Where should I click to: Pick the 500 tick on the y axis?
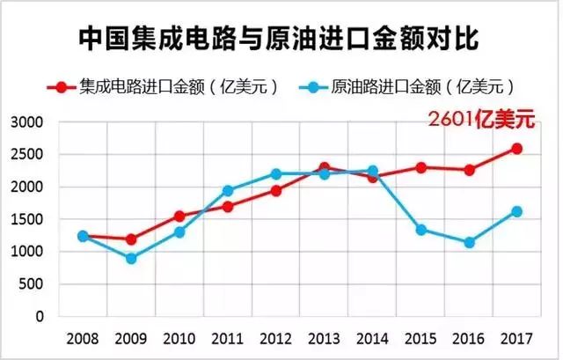coord(35,283)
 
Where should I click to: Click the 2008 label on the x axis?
coord(83,338)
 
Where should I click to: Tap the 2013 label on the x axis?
coord(325,338)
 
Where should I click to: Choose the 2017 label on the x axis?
coord(516,338)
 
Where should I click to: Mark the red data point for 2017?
coord(516,149)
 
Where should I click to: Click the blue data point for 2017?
coord(516,211)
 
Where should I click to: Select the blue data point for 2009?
coord(131,258)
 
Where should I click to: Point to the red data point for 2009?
coord(131,239)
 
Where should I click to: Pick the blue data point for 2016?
coord(469,242)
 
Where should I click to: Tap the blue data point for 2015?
coord(420,230)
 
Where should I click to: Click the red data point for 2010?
coord(179,216)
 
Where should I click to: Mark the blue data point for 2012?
coord(276,174)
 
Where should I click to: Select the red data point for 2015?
coord(420,167)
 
